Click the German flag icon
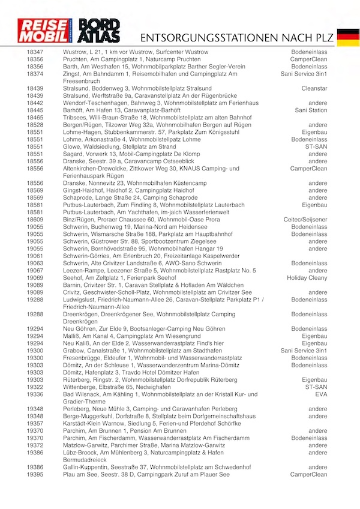tap(348, 37)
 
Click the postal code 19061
tap(35, 256)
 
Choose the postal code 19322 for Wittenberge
tap(35, 387)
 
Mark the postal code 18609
tap(35, 219)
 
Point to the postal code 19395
tap(35, 474)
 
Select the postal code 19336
tap(35, 394)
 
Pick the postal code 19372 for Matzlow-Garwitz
tap(35, 445)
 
